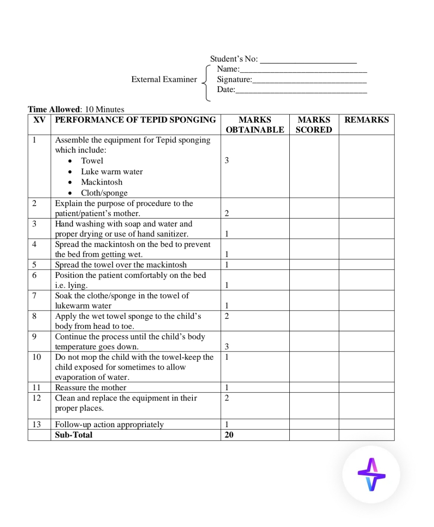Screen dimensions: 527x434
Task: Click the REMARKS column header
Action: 366,120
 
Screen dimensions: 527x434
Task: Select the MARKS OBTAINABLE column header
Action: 255,125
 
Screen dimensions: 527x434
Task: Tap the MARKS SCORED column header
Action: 314,125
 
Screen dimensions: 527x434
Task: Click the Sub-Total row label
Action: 74,435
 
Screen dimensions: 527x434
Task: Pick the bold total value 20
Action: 229,435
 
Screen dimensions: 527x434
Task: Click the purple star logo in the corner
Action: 372,475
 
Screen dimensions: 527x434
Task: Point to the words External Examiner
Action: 164,79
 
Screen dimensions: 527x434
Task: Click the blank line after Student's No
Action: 309,59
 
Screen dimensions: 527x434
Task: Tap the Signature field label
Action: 234,79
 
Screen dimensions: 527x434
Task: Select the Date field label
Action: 226,89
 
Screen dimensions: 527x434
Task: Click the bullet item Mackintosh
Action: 102,182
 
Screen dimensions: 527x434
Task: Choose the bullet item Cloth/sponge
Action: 104,193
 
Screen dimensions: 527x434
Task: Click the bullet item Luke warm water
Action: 112,172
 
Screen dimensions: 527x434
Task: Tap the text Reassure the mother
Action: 90,387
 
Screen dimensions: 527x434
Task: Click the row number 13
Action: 37,425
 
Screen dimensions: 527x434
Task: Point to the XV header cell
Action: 39,120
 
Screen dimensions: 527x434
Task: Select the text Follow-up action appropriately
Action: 109,425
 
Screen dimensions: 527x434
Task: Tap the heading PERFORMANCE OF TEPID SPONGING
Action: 135,120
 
